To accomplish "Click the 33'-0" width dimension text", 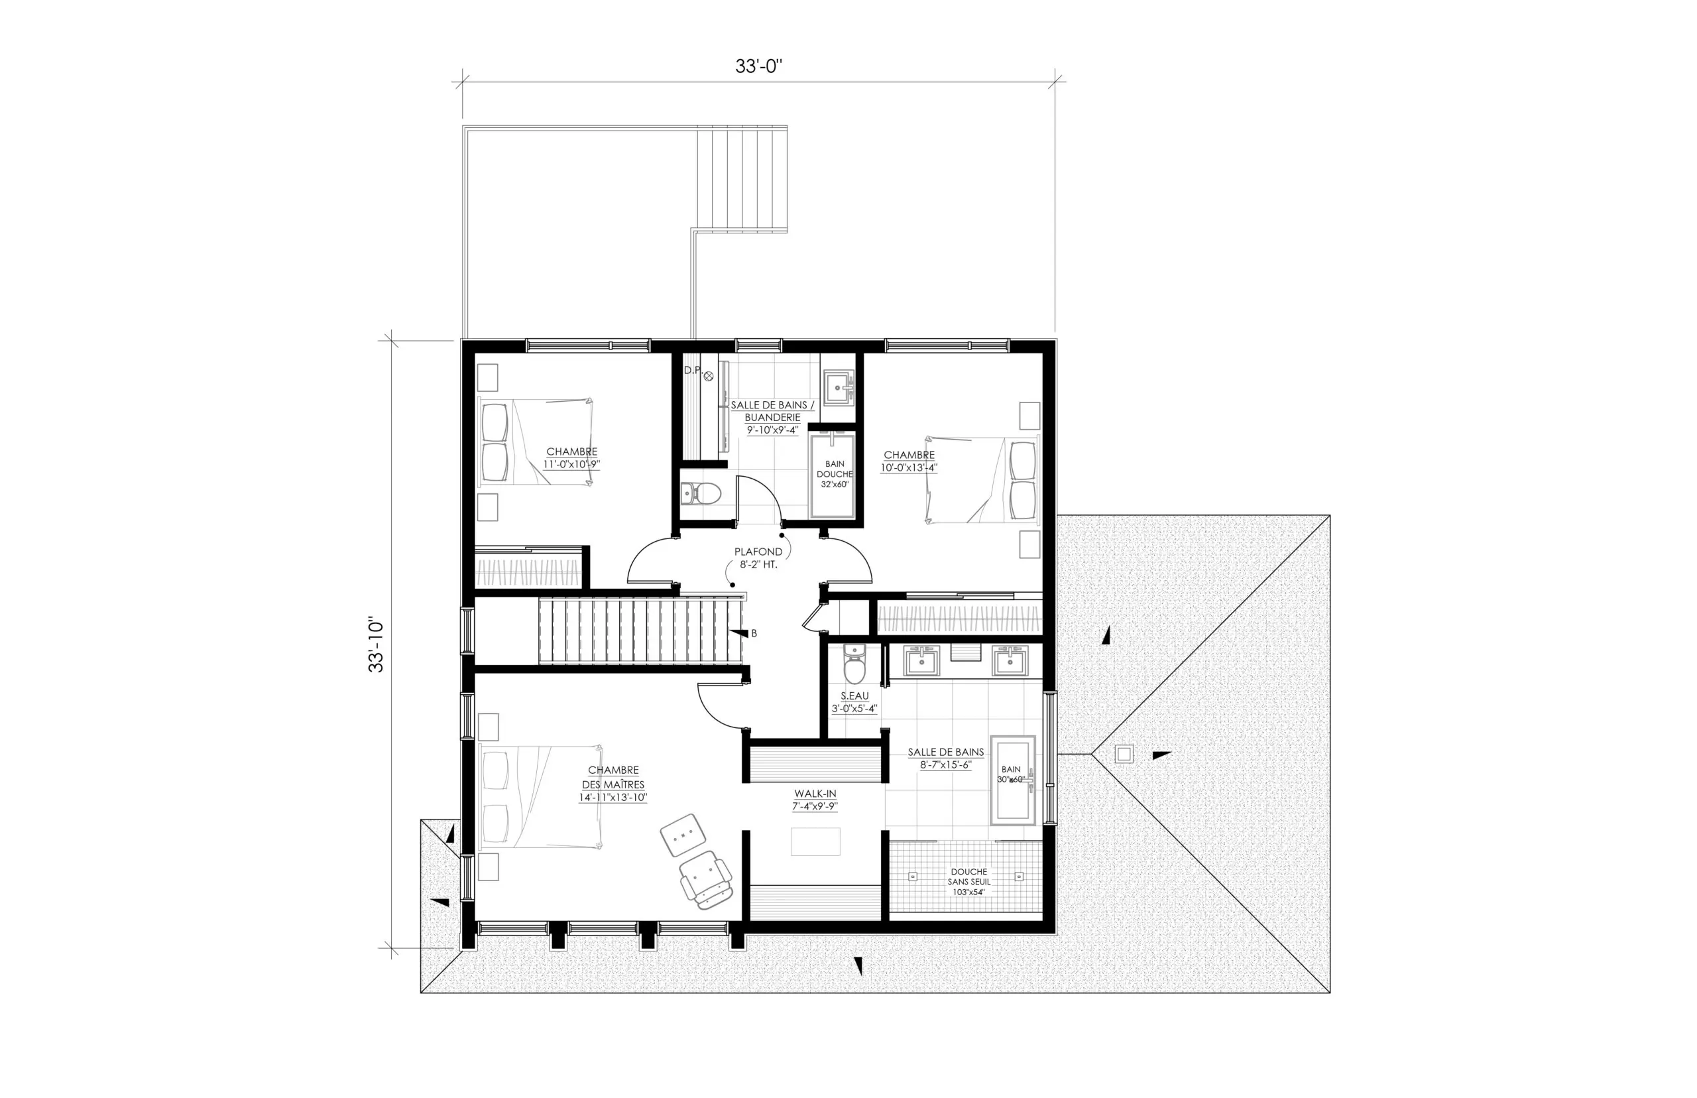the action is tap(758, 66).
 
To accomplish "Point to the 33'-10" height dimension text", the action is tap(376, 644).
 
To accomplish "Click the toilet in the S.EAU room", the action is tap(854, 664).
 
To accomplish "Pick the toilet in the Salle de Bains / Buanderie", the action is tap(701, 493).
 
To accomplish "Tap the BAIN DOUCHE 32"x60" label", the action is tap(835, 474).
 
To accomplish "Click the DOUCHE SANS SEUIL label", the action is tap(968, 881).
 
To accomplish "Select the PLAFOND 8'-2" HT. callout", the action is tap(758, 558).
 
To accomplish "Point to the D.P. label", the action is tap(693, 370).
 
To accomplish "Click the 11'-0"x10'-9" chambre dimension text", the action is tap(571, 464).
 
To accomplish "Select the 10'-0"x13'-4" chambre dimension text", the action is tap(909, 467).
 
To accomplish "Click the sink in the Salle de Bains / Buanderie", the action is tap(837, 387).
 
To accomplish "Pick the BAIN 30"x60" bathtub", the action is tap(1013, 780).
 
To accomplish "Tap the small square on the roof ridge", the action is tap(1124, 754).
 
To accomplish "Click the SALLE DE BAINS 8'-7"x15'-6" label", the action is tap(945, 758).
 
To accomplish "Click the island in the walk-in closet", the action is tap(815, 841).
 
